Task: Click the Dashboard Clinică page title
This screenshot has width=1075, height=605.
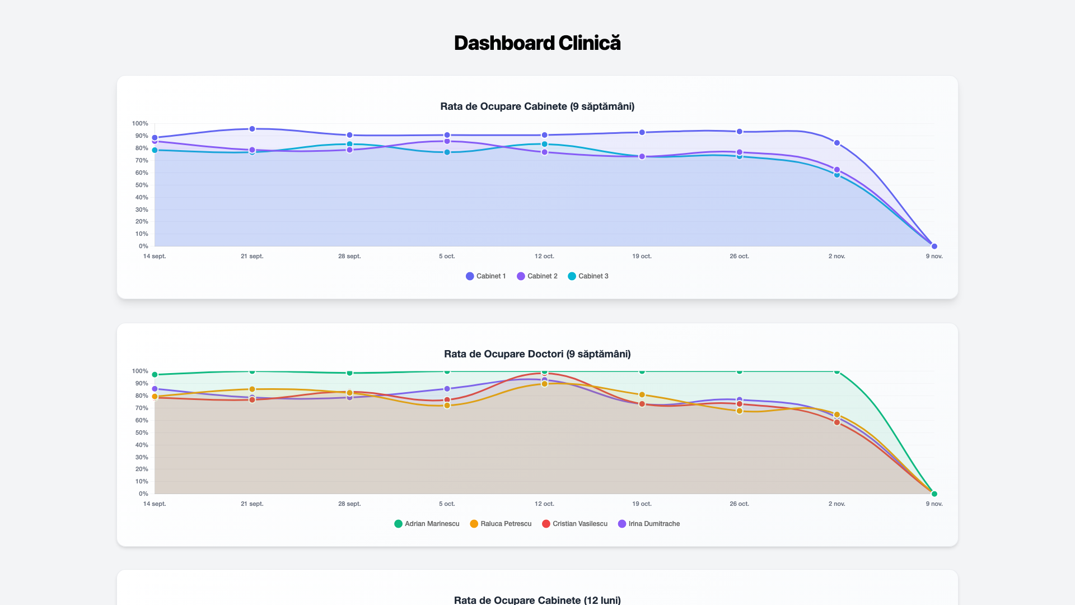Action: [x=537, y=43]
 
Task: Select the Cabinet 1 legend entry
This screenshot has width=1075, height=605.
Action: [x=486, y=276]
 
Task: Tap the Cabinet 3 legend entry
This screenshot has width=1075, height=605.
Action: [x=588, y=276]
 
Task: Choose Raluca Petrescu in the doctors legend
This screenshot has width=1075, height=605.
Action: [x=501, y=524]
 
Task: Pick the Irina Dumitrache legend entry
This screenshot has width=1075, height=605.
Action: [x=649, y=524]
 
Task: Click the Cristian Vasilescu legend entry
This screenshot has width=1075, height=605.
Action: [x=574, y=524]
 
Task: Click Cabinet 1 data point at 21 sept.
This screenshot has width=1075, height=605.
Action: [x=252, y=129]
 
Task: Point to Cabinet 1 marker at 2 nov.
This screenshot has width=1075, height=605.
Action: [x=837, y=143]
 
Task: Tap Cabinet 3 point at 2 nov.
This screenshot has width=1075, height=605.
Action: [x=837, y=175]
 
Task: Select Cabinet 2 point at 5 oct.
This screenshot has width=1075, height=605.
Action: [x=447, y=141]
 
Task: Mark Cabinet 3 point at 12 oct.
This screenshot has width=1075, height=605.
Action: [x=544, y=144]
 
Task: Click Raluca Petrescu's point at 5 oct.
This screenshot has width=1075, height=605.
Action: [x=447, y=406]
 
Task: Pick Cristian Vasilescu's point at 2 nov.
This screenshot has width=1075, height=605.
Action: [x=837, y=422]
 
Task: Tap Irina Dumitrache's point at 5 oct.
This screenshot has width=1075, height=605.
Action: [x=447, y=389]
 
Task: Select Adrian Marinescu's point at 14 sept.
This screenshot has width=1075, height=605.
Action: [x=155, y=375]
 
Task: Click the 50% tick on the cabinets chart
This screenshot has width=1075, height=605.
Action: [x=141, y=185]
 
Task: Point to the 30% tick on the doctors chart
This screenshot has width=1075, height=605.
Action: [x=141, y=457]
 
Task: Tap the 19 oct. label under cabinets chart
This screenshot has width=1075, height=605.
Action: [x=642, y=256]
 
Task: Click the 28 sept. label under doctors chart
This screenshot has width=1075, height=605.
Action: [x=349, y=504]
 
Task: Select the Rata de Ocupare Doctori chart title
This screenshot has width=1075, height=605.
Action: [x=537, y=354]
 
